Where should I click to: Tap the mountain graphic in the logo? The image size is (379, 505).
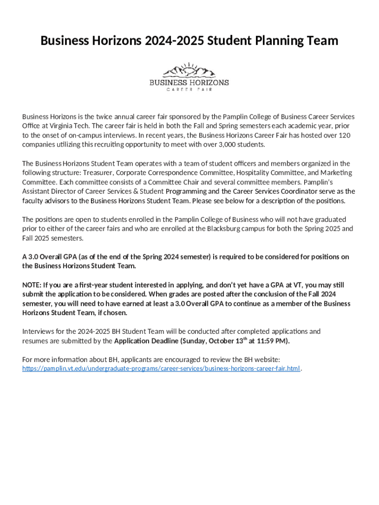[189, 71]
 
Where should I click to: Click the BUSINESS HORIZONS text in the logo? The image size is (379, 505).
[189, 82]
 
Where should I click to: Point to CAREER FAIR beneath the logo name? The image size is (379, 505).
[189, 90]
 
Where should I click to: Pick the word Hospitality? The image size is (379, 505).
[256, 173]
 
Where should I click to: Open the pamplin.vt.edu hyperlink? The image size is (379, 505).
[161, 369]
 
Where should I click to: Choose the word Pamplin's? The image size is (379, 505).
[338, 182]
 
